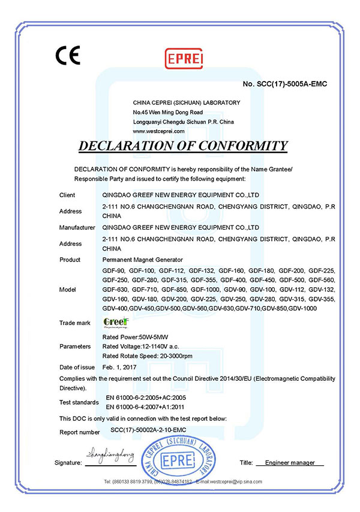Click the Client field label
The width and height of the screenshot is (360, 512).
click(67, 195)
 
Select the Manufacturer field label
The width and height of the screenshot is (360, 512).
click(77, 228)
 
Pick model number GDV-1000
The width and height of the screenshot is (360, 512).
click(302, 308)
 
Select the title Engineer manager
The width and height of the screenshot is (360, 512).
click(290, 463)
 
